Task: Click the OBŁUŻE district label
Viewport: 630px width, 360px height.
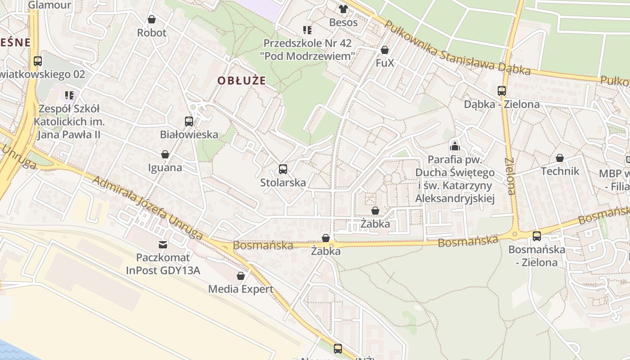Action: [x=242, y=81]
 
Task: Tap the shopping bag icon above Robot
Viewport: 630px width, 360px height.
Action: [x=152, y=19]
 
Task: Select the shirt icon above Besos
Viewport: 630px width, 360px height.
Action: [x=343, y=9]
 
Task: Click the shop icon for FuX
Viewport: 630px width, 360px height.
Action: [x=385, y=50]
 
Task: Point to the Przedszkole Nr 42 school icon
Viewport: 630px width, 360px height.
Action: [x=307, y=30]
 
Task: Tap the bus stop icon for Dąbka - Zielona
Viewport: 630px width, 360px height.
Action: [x=502, y=91]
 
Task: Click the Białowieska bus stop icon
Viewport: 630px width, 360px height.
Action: [x=189, y=121]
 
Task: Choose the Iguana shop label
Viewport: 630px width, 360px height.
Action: [x=165, y=168]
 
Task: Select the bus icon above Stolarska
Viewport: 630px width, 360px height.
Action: [x=283, y=169]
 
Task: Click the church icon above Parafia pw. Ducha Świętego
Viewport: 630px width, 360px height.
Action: [x=455, y=146]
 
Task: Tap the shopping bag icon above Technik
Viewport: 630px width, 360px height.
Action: [x=560, y=158]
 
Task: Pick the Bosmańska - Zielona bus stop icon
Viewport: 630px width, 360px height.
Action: [x=536, y=236]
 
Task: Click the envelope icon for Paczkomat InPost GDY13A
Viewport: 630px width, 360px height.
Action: [x=163, y=245]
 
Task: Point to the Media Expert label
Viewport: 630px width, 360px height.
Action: [x=241, y=289]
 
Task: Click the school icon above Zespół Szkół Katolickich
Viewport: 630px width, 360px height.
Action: [x=69, y=95]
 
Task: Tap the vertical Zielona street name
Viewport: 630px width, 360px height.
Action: [x=509, y=176]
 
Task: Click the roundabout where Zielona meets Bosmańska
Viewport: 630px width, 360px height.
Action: [x=514, y=234]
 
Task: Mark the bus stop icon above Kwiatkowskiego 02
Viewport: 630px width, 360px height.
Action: [x=38, y=61]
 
